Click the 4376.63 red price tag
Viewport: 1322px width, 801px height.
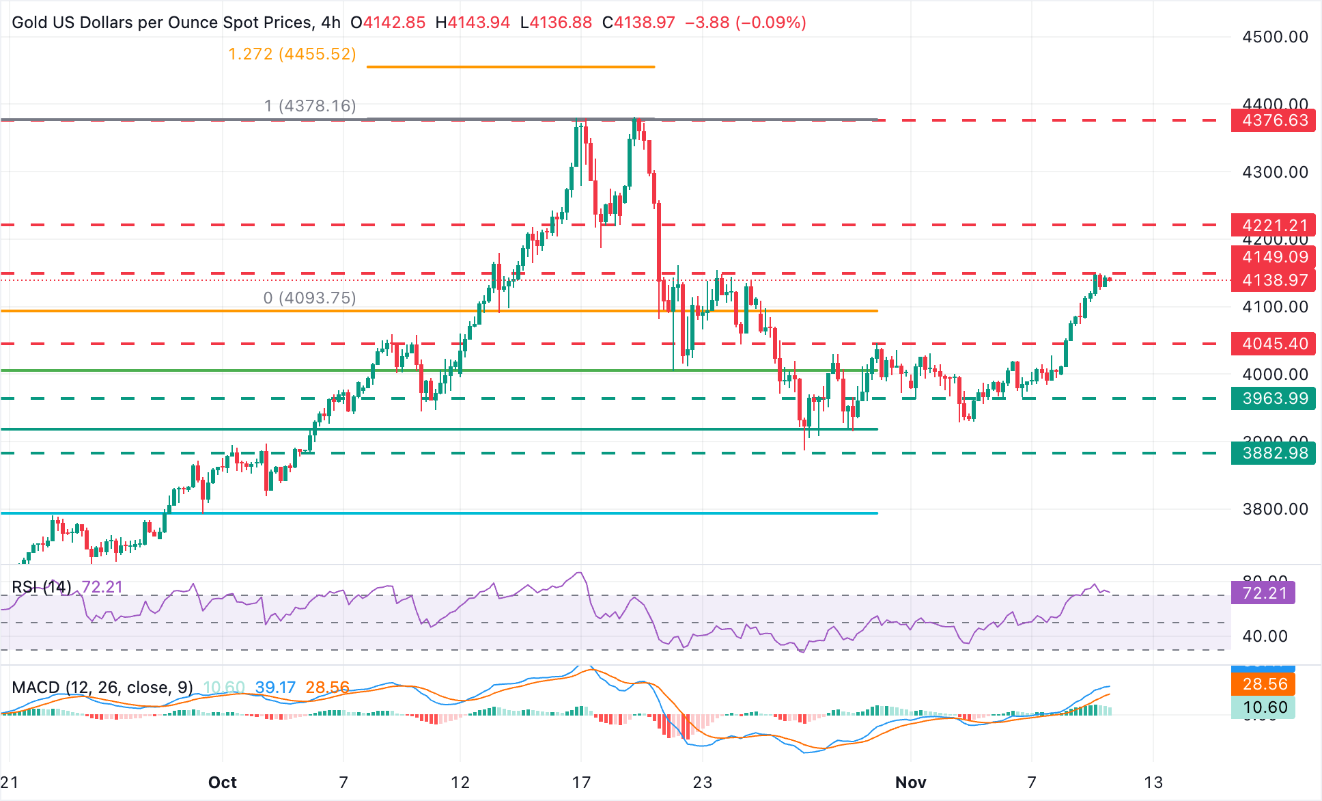(x=1274, y=120)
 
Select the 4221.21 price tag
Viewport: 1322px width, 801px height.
(x=1274, y=225)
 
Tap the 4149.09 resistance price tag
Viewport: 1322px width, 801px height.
(x=1274, y=257)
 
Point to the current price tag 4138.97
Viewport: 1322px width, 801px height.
(x=1274, y=280)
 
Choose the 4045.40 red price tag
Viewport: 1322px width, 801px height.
(x=1274, y=344)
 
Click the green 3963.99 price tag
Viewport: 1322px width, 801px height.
(x=1274, y=398)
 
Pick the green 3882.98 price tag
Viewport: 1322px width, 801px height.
(x=1274, y=453)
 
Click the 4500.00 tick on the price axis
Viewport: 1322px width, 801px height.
(x=1275, y=37)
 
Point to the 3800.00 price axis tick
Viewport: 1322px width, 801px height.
(x=1275, y=509)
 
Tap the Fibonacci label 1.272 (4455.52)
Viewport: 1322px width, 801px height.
(x=292, y=54)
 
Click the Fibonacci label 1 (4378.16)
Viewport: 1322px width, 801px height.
(x=310, y=106)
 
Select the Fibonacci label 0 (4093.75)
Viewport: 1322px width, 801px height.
(x=309, y=298)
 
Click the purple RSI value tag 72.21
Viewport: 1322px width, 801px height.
(x=1263, y=593)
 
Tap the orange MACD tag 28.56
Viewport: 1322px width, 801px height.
(x=1263, y=684)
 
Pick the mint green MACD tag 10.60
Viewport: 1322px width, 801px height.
(x=1263, y=707)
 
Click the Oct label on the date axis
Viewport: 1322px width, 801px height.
(x=223, y=783)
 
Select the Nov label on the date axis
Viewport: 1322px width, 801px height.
(x=910, y=783)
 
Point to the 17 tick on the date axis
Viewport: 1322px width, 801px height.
(x=581, y=783)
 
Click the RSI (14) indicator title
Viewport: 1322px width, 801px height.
(x=42, y=587)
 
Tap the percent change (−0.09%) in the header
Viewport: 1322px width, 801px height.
(x=770, y=23)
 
